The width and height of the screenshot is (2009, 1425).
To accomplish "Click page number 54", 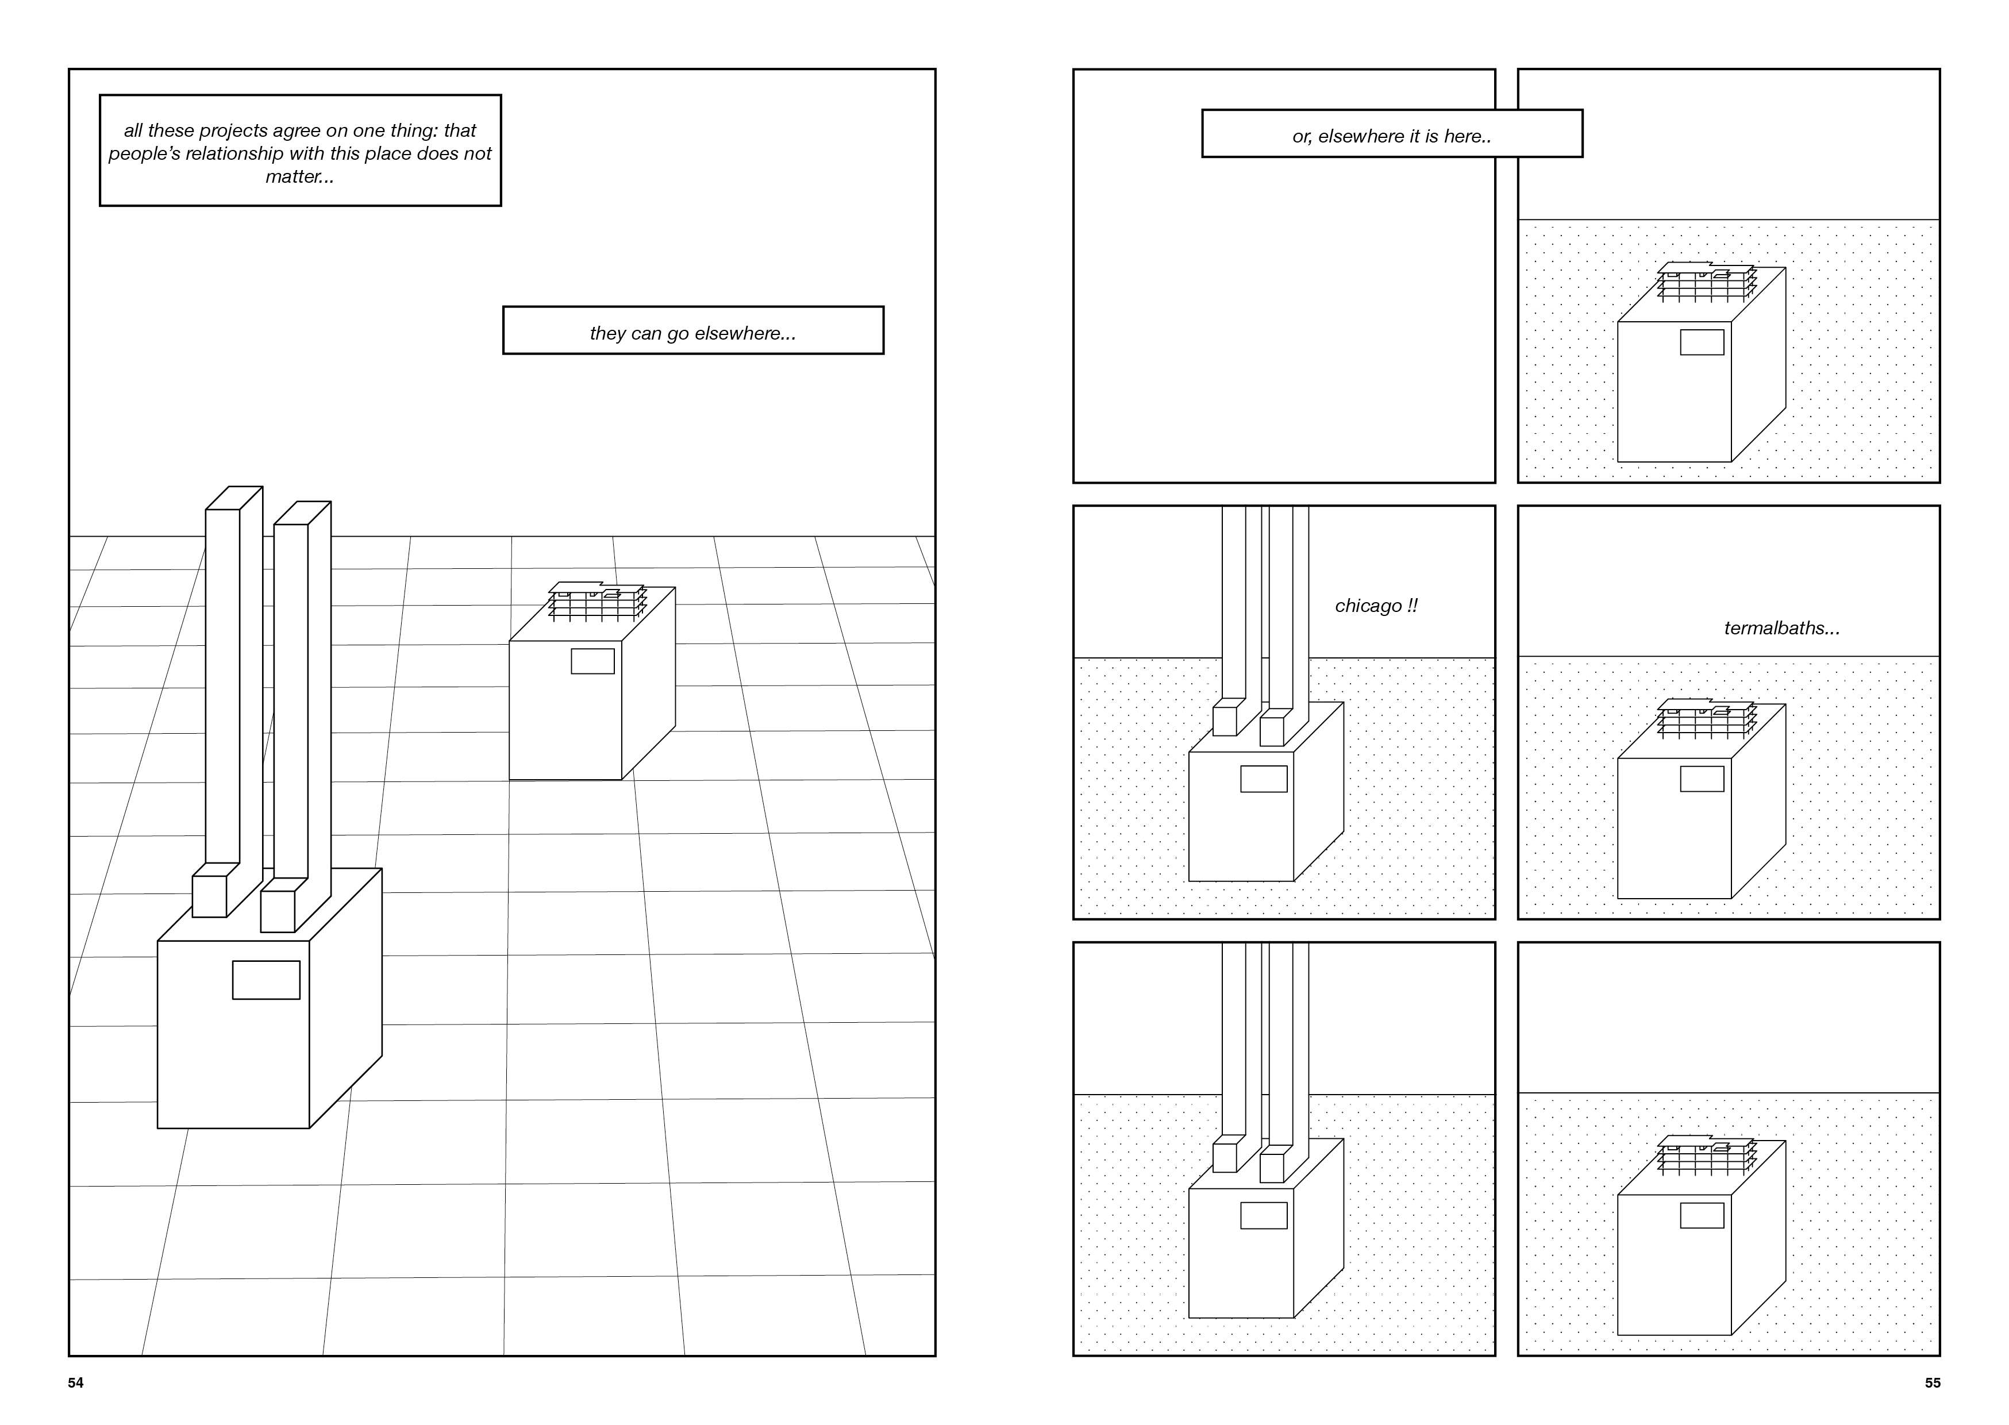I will click(75, 1383).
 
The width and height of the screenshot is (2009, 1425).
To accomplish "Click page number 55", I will click(1933, 1383).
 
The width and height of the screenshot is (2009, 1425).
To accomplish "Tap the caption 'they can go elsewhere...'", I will click(692, 333).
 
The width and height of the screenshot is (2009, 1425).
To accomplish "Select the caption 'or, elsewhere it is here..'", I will click(1391, 136).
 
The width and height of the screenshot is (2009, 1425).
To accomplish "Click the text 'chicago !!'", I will click(1376, 606).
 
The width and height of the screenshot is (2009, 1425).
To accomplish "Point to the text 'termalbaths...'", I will click(1781, 628).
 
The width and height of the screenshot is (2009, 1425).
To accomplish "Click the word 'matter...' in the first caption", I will click(299, 176).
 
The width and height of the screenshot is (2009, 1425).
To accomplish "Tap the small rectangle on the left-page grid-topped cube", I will click(592, 661).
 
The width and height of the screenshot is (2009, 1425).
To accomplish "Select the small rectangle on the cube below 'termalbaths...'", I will click(1702, 779).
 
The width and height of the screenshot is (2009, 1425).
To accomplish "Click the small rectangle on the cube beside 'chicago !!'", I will click(1263, 779).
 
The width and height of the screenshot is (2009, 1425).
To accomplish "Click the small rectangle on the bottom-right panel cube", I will click(1702, 1215).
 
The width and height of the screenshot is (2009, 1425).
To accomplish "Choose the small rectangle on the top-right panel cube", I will click(1702, 342).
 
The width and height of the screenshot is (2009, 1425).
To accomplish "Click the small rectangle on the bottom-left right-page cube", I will click(1263, 1215).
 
